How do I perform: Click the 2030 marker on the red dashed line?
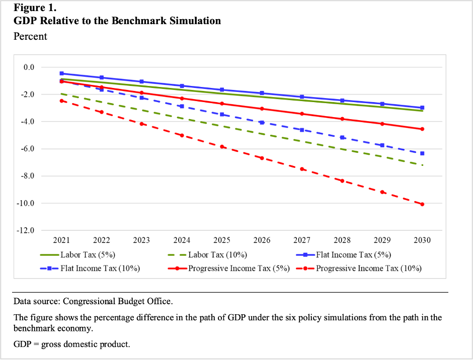pos(422,204)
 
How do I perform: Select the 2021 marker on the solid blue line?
pos(62,73)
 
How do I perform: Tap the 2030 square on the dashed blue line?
pos(422,153)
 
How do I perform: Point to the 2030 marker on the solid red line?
pos(422,129)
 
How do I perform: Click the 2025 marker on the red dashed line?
pos(222,146)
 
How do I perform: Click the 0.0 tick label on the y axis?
pos(28,67)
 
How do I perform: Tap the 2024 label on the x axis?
pos(182,240)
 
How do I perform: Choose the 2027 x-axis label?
pos(302,240)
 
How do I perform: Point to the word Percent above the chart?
pos(30,37)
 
